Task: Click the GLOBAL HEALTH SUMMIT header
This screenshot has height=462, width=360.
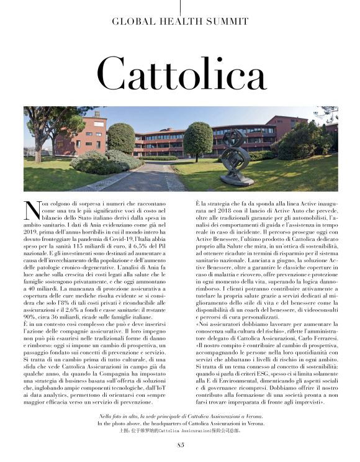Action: (180, 21)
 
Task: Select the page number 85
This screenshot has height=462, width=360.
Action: (181, 444)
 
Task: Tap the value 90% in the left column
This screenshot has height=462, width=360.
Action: (32, 301)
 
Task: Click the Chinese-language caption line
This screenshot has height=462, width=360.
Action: (180, 429)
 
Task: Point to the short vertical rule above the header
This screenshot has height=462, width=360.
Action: (181, 6)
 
